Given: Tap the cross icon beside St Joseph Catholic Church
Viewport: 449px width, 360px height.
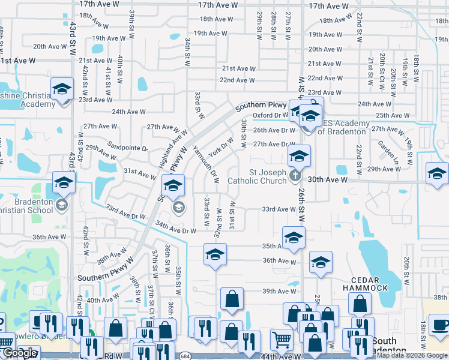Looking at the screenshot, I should [294, 175].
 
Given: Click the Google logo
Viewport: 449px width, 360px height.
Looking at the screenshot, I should [20, 353].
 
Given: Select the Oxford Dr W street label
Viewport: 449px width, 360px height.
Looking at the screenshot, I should [271, 115].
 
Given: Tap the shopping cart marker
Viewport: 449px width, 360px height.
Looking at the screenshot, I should [282, 340].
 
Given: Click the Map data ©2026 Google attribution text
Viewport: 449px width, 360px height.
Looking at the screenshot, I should [412, 355].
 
